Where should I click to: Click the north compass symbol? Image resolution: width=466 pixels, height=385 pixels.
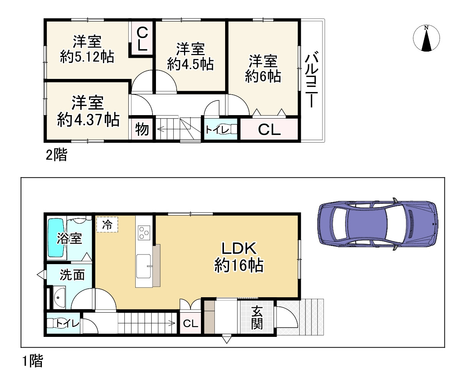click(426, 39)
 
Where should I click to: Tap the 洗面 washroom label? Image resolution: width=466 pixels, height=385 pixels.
click(72, 275)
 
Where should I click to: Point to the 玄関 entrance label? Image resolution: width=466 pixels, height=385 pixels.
click(257, 318)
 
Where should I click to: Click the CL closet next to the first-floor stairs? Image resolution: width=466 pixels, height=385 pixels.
click(190, 323)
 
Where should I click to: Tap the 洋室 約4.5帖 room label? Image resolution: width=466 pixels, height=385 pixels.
click(190, 57)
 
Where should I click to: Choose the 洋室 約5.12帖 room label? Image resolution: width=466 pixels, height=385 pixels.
click(87, 49)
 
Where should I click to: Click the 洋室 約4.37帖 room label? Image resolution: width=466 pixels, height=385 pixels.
click(88, 112)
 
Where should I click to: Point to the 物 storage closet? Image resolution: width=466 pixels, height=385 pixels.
click(142, 129)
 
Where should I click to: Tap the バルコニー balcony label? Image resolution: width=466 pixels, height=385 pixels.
click(312, 81)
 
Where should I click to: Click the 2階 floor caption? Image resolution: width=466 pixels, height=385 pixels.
click(56, 155)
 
